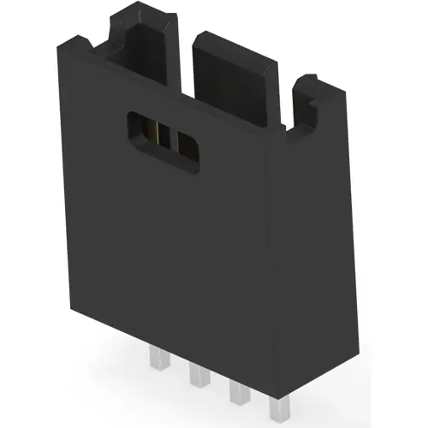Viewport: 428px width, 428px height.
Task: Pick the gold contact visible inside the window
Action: coord(160,133)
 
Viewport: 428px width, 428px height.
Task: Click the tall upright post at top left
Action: coord(141,43)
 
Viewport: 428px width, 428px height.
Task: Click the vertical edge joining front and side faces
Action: coord(268,257)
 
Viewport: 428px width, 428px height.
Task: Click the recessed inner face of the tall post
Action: coord(150,51)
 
